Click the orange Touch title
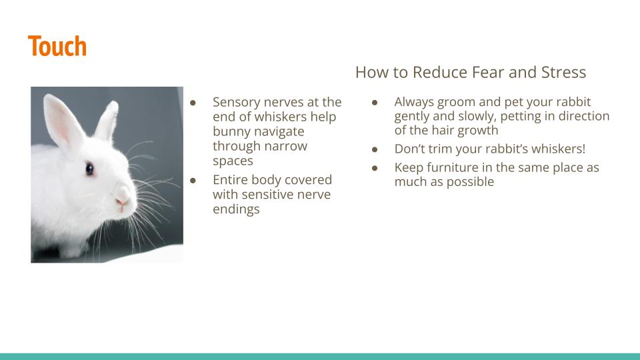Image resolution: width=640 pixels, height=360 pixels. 57,46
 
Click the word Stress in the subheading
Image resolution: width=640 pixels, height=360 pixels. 564,72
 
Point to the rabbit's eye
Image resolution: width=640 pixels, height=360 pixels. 89,168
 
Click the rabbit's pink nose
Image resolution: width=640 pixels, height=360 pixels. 121,201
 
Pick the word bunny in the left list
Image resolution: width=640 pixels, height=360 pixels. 231,132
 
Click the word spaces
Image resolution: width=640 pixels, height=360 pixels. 233,161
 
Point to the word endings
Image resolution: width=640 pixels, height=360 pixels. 236,209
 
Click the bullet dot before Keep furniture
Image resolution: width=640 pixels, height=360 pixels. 375,168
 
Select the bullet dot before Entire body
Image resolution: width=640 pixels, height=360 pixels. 193,181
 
